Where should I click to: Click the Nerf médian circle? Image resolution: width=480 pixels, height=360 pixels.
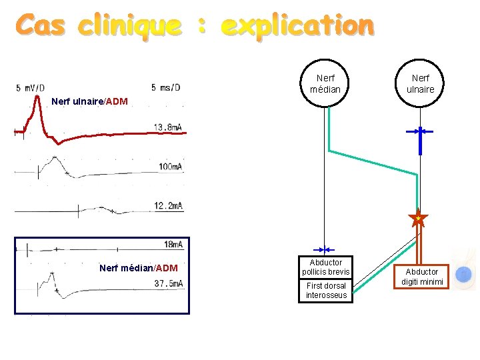325,83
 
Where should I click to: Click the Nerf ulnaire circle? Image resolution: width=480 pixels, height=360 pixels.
420,83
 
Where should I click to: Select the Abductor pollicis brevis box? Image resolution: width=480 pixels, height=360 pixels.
326,267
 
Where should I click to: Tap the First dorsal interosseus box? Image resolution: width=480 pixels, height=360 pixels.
326,291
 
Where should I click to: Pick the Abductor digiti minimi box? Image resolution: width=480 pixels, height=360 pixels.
422,277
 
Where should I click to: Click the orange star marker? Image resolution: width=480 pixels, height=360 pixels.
418,218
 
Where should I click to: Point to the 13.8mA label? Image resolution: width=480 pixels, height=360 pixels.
168,127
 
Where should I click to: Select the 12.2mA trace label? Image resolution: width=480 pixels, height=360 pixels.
168,206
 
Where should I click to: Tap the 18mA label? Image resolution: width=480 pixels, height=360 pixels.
173,245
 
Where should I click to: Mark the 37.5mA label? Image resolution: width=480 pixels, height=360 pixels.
168,283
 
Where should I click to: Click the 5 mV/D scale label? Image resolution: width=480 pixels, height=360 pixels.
31,87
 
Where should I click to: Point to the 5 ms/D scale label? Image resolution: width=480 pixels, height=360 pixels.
165,87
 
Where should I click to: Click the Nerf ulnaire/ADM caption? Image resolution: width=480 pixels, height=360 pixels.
89,101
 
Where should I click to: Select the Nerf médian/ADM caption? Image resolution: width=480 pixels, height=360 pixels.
138,268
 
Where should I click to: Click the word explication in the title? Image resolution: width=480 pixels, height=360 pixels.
297,27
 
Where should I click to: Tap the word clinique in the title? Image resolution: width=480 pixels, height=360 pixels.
129,27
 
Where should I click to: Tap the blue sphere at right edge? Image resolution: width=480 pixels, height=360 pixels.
465,273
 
